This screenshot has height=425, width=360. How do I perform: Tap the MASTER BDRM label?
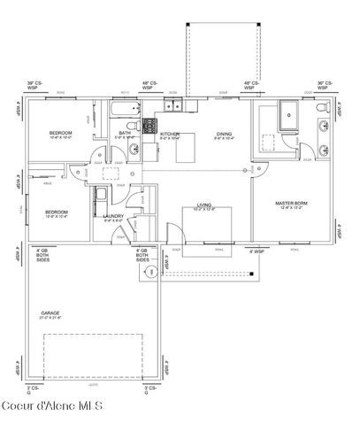point(290,205)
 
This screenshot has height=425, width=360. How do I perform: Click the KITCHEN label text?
point(170,135)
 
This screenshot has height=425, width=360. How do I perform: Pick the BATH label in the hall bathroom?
point(125,134)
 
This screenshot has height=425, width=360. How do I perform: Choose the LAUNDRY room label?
point(112,216)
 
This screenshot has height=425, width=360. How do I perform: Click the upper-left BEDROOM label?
point(60,134)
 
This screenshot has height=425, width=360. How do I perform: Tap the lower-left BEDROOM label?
point(57,212)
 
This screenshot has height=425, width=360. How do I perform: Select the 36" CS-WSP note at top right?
point(326,86)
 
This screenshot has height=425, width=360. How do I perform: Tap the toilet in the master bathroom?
point(320,111)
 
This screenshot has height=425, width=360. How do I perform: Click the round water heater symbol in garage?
point(151,274)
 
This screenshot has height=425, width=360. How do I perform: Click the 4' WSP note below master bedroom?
point(257,252)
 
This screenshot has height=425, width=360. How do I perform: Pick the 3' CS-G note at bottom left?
point(34,390)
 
